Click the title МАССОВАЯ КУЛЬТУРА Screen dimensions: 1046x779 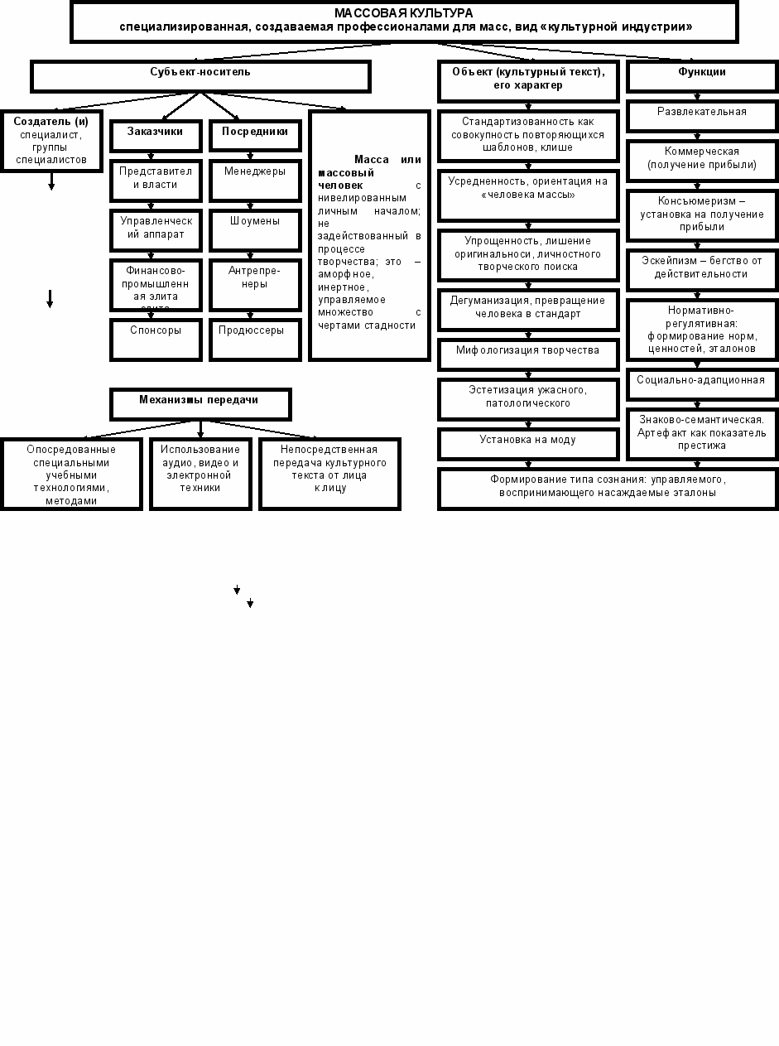(404, 14)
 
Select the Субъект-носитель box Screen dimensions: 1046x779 (200, 76)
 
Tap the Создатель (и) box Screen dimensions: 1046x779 (51, 140)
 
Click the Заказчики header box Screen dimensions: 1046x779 (156, 136)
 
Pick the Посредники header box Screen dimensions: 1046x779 (255, 136)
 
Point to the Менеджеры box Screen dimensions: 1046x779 (255, 181)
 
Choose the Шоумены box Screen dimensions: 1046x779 (255, 230)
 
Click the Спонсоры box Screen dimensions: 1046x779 (156, 339)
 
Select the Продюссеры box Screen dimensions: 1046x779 (255, 339)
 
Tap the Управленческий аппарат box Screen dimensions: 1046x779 (156, 230)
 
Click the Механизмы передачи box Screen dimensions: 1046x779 (200, 403)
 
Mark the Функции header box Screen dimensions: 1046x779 (702, 76)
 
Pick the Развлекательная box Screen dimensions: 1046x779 (702, 115)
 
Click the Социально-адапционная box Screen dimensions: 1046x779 (702, 383)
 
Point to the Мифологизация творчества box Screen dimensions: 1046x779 (528, 354)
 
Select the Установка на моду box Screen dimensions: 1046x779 (528, 443)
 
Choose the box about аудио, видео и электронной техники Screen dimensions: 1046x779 (200, 473)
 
